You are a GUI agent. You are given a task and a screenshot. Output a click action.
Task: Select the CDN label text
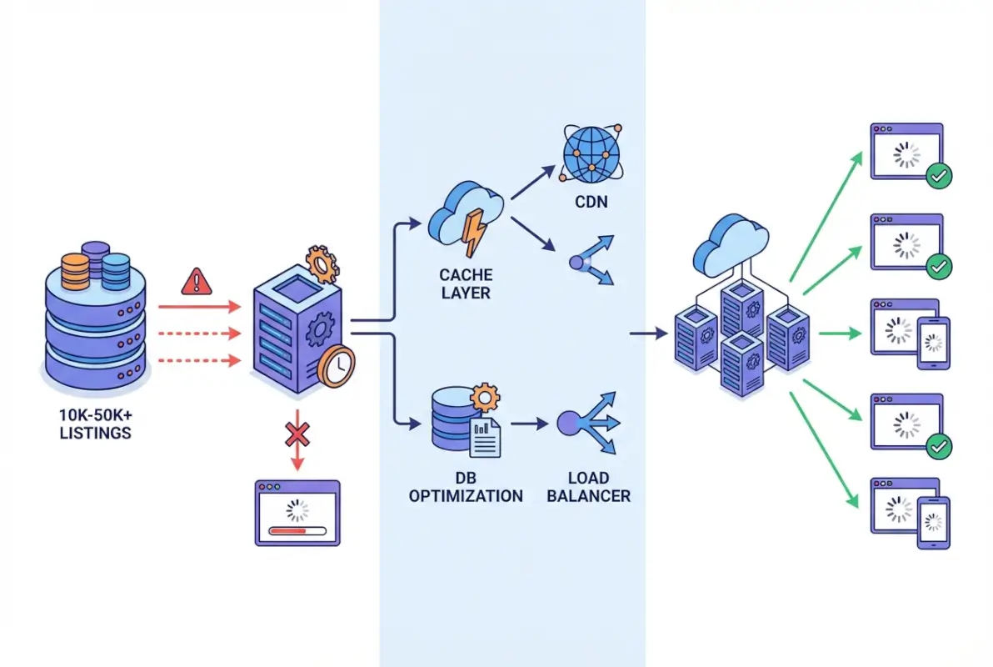[592, 202]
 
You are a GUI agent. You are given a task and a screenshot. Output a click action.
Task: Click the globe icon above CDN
[592, 153]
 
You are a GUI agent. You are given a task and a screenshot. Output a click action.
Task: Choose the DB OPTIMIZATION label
[466, 487]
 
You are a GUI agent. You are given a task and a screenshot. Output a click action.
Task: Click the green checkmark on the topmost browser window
[940, 175]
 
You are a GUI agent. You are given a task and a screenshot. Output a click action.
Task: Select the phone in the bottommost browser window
[934, 522]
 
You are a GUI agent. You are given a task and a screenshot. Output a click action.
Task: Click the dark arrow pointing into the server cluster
[649, 334]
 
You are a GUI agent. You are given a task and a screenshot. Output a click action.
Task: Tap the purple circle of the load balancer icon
[571, 424]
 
